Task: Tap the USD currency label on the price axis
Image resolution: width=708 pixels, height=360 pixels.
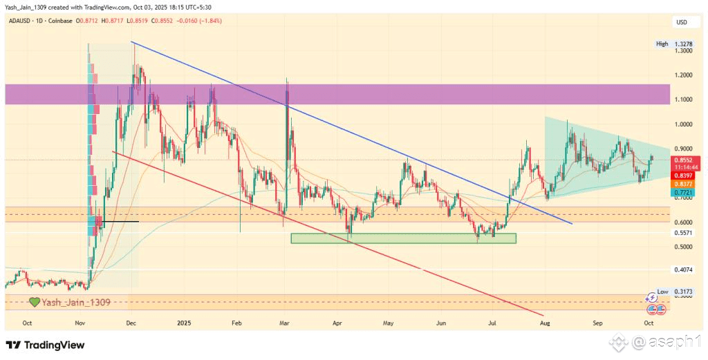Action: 682,22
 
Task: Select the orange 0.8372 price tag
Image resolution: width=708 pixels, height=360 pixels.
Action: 682,184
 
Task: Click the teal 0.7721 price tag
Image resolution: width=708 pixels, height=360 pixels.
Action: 682,192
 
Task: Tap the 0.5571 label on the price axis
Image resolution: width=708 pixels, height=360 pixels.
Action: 682,234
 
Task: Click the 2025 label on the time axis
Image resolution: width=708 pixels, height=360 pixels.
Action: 183,323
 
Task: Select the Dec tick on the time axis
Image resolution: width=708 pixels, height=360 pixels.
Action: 131,323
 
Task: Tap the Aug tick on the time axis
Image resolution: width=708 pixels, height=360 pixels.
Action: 544,323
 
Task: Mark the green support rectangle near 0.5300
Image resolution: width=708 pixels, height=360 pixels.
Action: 403,238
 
